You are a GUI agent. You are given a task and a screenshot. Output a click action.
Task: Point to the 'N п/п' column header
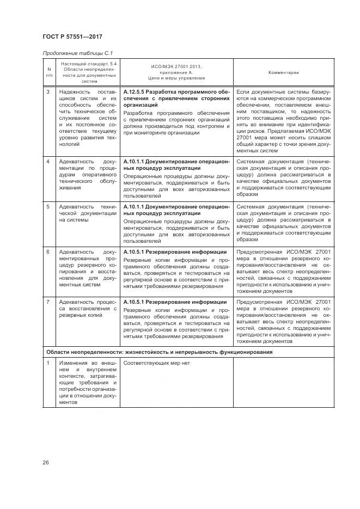click(49, 72)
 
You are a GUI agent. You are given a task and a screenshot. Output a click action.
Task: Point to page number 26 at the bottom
click(46, 463)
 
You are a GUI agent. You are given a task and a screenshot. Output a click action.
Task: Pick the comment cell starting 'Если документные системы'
click(283, 121)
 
